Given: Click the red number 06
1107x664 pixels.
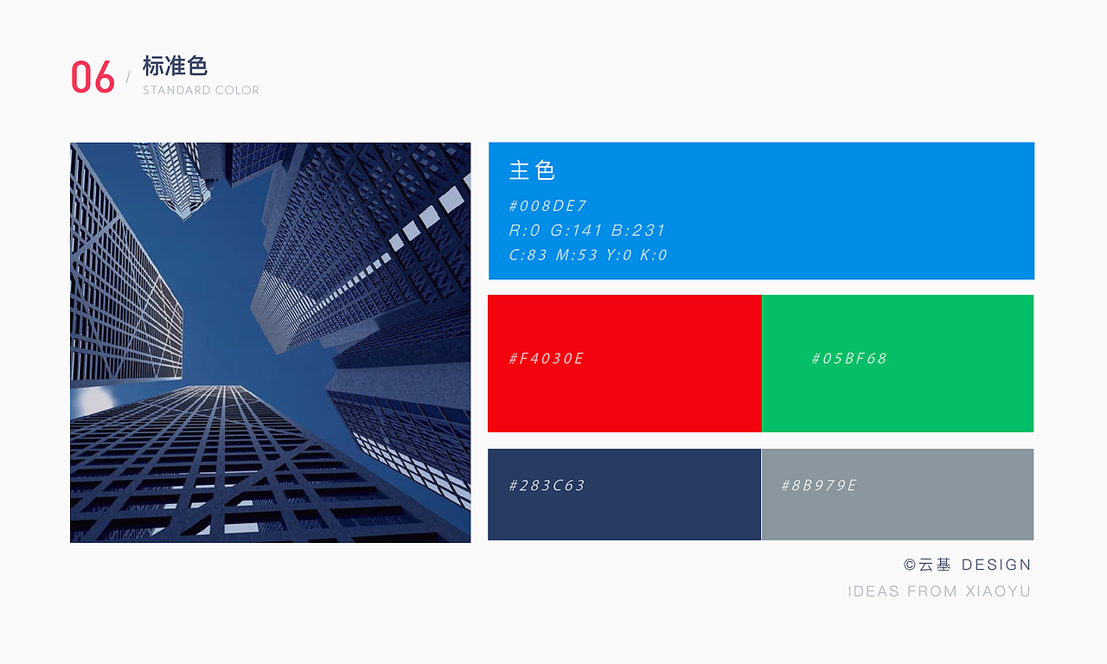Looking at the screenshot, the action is [x=93, y=77].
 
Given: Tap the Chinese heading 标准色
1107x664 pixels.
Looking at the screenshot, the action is [x=175, y=66].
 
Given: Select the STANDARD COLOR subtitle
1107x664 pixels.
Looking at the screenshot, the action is [x=201, y=91].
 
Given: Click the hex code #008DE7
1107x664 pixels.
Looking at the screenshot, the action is [x=547, y=206].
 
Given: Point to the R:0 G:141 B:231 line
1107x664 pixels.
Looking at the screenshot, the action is [x=587, y=230].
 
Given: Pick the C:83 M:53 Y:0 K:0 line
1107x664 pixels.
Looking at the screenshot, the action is [x=588, y=255].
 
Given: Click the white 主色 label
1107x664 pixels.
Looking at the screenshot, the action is [x=532, y=170].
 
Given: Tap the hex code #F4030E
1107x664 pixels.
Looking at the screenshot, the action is [x=547, y=358].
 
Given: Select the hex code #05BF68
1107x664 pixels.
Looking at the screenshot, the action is [x=849, y=358].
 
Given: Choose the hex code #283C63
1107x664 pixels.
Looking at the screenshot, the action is [x=547, y=486].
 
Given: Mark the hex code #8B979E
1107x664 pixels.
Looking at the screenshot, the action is [x=819, y=486].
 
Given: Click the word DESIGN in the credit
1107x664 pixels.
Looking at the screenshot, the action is [x=996, y=565].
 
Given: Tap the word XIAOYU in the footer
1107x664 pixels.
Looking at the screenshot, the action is [x=998, y=591].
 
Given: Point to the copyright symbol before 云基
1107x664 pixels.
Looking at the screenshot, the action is [x=910, y=565].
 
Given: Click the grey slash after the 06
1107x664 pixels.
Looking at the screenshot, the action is [x=129, y=77].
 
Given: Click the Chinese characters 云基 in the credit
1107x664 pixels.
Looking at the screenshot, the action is [x=935, y=565].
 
